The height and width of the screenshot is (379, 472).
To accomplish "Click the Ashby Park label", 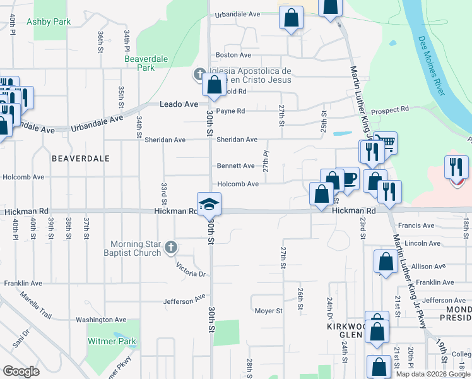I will [49, 21].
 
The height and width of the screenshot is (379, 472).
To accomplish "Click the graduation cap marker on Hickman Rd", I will [208, 204].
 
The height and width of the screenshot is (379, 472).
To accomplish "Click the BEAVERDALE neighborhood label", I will [81, 158].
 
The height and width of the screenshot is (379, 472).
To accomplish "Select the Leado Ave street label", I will [179, 104].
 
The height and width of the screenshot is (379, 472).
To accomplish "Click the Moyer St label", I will [268, 311].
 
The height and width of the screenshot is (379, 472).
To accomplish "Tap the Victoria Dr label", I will [191, 270].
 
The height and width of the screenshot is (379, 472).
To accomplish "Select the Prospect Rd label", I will [389, 110].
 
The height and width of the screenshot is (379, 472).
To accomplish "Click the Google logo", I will [21, 371].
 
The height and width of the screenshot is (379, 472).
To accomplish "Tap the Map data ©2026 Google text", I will [432, 374].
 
